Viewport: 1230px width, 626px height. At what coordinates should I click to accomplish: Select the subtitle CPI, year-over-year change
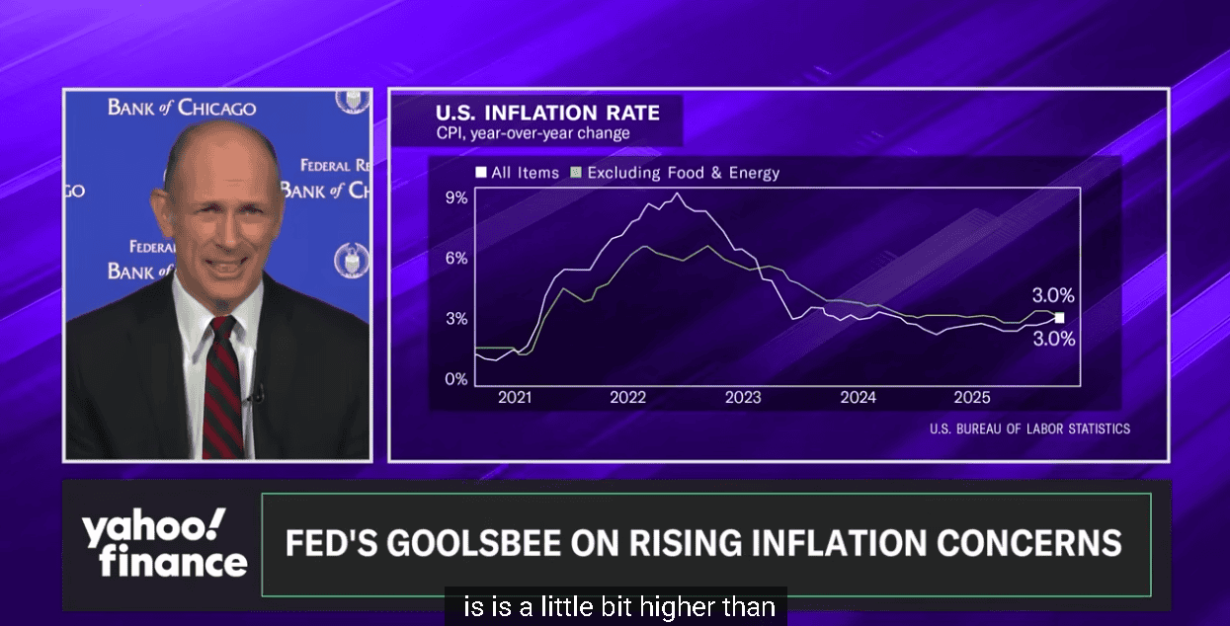(533, 133)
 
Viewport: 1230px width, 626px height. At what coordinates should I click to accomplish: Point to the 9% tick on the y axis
(455, 197)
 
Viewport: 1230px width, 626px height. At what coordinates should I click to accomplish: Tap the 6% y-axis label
(455, 258)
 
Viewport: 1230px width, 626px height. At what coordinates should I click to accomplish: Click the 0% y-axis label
(455, 379)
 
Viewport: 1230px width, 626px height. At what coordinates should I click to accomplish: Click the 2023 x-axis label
(743, 398)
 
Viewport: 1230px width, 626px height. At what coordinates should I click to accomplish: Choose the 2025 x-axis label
(972, 398)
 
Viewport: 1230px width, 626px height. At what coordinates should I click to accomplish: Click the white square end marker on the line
(1059, 318)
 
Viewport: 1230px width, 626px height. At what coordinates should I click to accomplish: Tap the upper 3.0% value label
(1052, 295)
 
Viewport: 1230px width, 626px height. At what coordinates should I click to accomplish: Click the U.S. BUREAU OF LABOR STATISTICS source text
(1029, 429)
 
